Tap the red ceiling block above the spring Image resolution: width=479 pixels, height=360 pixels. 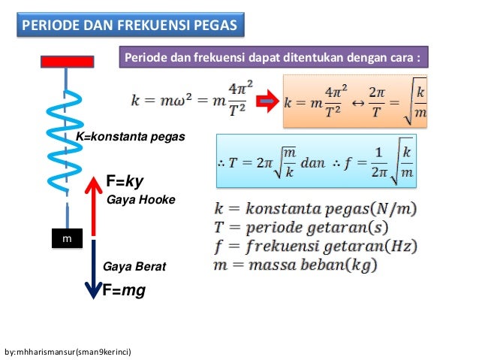click(x=67, y=62)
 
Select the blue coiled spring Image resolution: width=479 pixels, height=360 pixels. click(x=67, y=139)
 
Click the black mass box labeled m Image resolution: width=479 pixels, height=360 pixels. click(x=67, y=238)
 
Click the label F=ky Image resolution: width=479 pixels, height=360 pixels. click(x=125, y=182)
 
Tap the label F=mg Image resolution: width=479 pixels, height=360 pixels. click(x=123, y=290)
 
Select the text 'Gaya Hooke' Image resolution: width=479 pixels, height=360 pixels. click(x=141, y=200)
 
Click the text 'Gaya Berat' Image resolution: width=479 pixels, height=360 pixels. click(x=134, y=267)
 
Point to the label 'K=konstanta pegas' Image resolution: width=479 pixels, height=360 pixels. click(x=130, y=138)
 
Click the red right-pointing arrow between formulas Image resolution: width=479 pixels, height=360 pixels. click(x=267, y=101)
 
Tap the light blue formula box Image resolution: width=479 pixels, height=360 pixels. click(x=315, y=160)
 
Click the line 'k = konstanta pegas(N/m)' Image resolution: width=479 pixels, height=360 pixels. click(x=316, y=208)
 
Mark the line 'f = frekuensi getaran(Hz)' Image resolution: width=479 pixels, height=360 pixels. click(x=315, y=247)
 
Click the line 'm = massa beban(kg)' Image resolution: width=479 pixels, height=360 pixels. click(x=295, y=265)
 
